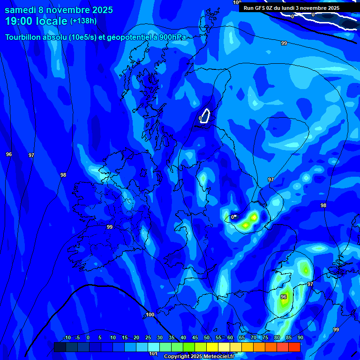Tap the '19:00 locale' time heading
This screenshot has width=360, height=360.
36,21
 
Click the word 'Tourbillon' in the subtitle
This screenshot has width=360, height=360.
25,37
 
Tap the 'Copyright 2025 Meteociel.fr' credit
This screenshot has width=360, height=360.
199,356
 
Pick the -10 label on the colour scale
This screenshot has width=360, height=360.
66,338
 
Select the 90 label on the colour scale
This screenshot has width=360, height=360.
300,338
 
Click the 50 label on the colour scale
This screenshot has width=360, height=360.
206,338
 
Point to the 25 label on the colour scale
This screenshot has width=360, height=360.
148,338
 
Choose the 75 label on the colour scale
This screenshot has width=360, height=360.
265,338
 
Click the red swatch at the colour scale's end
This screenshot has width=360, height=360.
294,347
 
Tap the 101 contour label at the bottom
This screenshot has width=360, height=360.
153,353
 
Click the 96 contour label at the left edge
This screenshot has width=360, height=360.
9,154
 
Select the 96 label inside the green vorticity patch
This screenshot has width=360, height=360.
284,297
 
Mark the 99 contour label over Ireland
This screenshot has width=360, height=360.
109,227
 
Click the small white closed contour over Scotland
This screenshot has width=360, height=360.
205,115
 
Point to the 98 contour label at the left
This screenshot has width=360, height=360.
63,175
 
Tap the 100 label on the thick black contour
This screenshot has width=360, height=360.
150,315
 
